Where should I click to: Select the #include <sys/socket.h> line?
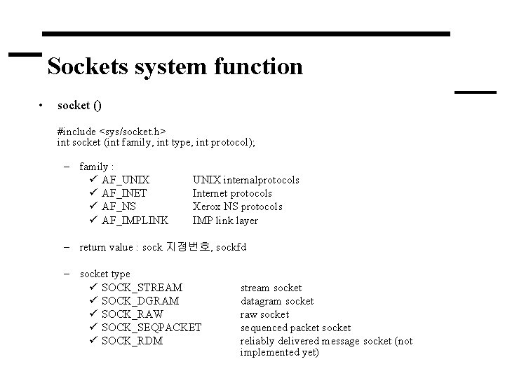pos(112,131)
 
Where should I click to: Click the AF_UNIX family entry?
pos(126,180)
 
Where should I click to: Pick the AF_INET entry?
pos(124,193)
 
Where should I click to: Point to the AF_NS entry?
pos(119,206)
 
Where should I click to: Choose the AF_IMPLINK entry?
pos(135,220)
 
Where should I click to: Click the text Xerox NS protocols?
pos(237,206)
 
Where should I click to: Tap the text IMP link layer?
pos(225,220)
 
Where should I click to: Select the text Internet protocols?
pos(232,193)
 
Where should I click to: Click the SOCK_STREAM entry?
pos(142,288)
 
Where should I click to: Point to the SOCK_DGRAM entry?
pos(140,301)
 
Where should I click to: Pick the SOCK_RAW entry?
pos(133,314)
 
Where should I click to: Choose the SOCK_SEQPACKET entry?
pos(151,328)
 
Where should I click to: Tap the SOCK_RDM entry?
pos(132,341)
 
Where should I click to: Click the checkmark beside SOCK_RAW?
pos(93,314)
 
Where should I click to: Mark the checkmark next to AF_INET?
pos(93,193)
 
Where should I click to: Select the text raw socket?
pos(264,314)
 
